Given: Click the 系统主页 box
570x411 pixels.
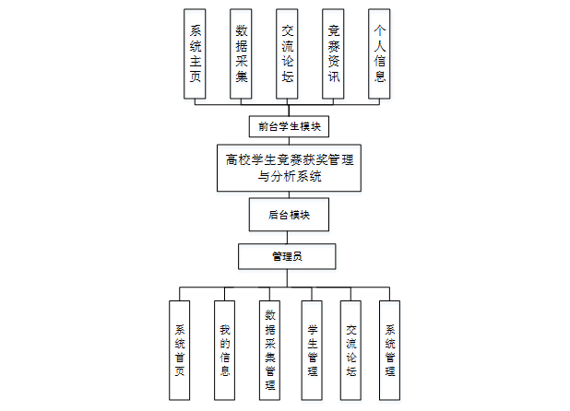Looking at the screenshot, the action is (196, 53).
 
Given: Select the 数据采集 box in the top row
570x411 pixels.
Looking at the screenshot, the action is (242, 53).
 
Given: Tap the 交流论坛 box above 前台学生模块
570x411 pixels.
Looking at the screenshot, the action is (288, 53).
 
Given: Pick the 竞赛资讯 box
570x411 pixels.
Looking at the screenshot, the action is (334, 53).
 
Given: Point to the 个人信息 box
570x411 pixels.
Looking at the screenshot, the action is (379, 53).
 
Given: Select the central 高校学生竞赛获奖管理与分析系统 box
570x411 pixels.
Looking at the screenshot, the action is (289, 167).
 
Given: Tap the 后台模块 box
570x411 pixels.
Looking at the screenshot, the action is (289, 215).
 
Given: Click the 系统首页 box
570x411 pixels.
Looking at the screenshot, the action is (181, 349).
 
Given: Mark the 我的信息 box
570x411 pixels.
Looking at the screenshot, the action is (225, 349).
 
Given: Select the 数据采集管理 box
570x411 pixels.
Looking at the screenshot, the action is (269, 349).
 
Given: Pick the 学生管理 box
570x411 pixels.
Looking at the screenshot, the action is (313, 349).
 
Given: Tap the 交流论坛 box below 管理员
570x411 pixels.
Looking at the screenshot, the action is (350, 349).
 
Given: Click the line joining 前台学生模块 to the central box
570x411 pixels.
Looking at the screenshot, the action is (289, 139).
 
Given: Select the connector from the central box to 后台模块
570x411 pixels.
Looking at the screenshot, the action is (289, 195).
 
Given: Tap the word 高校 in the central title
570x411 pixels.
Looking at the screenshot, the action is (237, 159).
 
